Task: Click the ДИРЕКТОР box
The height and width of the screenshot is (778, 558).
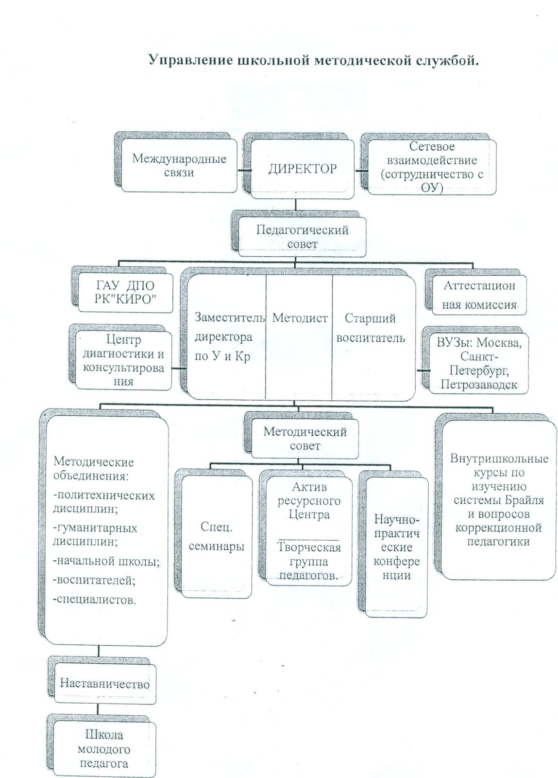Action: point(302,169)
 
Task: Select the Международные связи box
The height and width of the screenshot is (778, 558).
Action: point(179,166)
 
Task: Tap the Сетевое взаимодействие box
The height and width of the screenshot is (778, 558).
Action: point(432,167)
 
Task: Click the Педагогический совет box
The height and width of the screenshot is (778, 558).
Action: point(302,237)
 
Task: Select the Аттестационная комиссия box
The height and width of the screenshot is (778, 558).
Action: point(479,295)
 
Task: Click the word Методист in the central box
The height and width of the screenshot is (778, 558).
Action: point(300,318)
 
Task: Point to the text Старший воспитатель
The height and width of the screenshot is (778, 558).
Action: point(371,328)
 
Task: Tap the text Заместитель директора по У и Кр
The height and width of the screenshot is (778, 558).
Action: point(229,337)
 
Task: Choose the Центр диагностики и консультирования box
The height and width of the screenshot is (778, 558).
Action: point(123,360)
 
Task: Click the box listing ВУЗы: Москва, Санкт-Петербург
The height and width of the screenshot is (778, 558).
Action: point(479,363)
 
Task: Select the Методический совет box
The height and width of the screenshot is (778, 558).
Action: point(305,439)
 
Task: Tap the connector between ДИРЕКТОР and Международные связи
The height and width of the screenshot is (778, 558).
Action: point(244,170)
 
